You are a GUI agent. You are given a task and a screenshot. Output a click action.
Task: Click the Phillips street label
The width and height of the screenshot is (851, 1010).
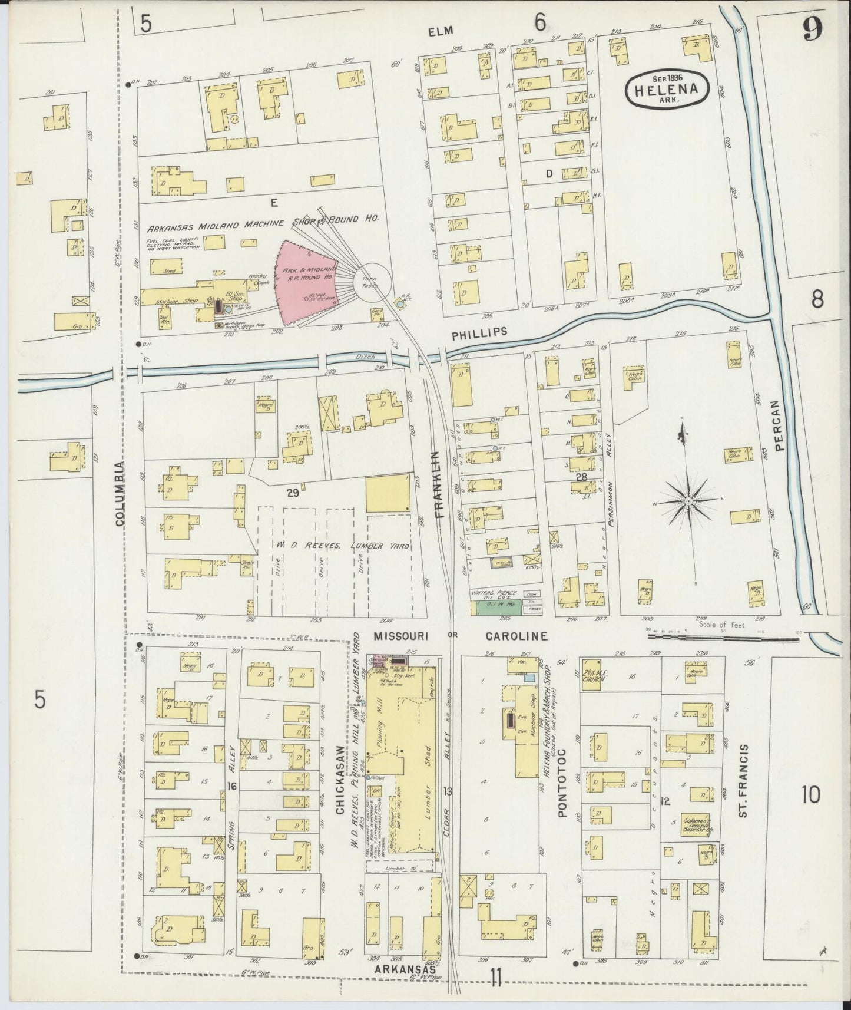[479, 332]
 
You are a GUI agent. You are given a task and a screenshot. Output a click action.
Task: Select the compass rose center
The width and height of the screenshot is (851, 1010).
[687, 501]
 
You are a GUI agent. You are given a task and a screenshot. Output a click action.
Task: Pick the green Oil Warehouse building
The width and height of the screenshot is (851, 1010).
[498, 608]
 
